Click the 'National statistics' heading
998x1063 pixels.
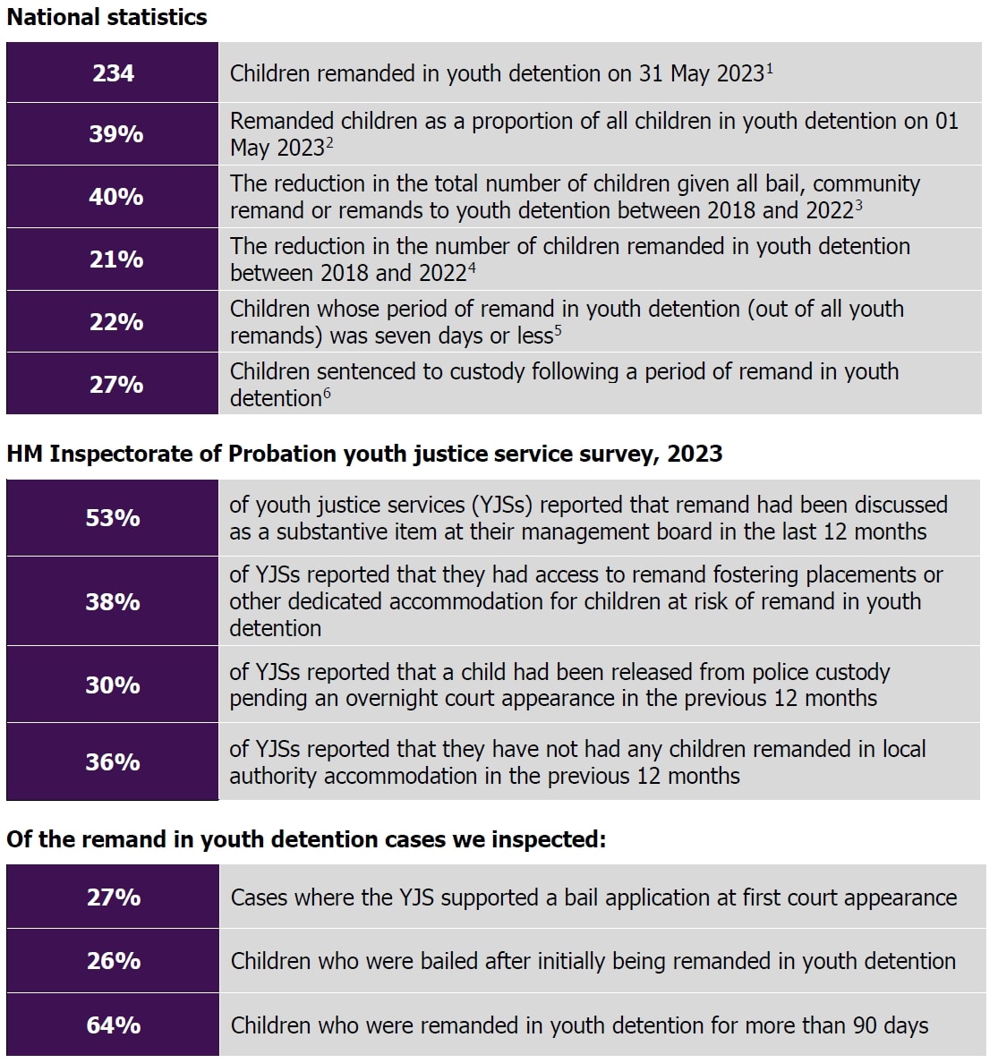pos(107,17)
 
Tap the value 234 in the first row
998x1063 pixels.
pos(113,72)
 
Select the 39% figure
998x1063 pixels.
pos(115,134)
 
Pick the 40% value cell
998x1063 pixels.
pos(115,197)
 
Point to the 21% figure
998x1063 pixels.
pos(115,259)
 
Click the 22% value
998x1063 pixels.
pos(115,322)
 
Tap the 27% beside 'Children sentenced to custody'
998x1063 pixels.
pos(115,385)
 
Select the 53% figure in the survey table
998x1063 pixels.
pos(113,518)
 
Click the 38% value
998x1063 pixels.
pos(113,602)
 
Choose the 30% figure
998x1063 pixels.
pos(113,685)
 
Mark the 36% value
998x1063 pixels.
pos(113,762)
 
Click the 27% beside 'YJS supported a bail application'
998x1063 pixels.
pos(114,897)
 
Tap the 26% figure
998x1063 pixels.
pos(114,961)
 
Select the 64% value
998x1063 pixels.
pos(114,1025)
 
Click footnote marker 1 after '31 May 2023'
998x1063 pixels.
pos(770,66)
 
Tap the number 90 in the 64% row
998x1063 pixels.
pos(865,1025)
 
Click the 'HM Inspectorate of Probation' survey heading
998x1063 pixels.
pos(363,454)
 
